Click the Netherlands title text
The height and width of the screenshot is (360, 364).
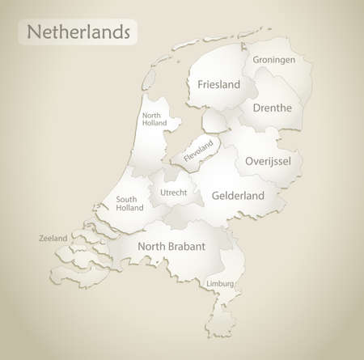[79, 33]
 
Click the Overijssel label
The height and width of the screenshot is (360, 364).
[267, 161]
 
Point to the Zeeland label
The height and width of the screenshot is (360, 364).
[53, 239]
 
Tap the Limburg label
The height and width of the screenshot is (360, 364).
[220, 284]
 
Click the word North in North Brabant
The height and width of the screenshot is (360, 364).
[151, 246]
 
